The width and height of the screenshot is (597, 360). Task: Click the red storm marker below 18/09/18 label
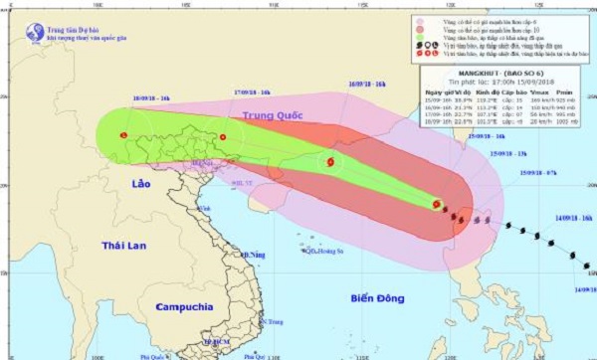click(x=123, y=135)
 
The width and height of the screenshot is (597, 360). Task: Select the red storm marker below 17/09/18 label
click(x=223, y=137)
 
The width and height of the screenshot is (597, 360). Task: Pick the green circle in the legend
click(x=420, y=38)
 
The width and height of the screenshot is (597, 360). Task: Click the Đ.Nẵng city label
click(x=237, y=255)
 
